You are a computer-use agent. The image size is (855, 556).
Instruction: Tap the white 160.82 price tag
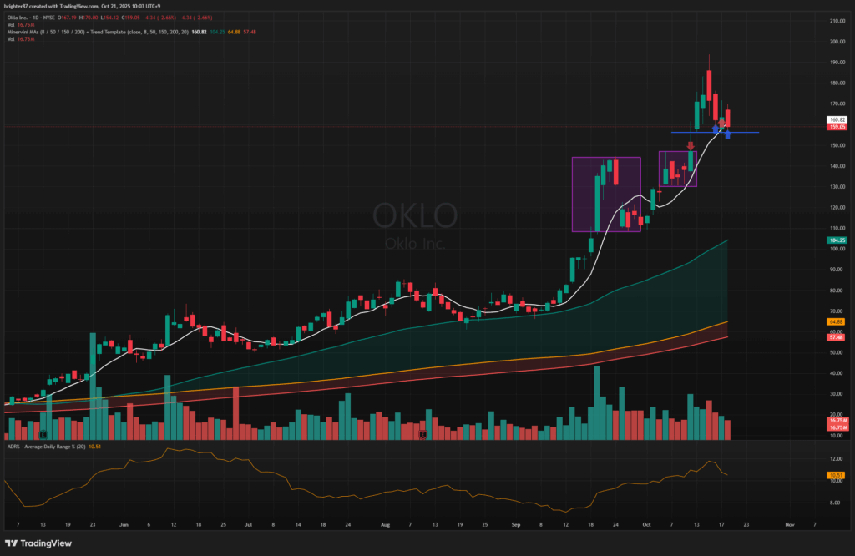pos(837,120)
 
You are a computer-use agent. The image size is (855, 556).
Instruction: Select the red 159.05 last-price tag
pos(837,127)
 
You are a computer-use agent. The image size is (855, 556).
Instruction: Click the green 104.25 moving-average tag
pos(837,240)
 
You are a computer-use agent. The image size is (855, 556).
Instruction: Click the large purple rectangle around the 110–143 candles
pos(606,194)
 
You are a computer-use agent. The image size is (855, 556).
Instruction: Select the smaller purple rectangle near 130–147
pos(677,169)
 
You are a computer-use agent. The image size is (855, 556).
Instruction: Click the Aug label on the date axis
pos(385,525)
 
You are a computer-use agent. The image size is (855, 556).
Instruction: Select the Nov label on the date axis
pos(789,525)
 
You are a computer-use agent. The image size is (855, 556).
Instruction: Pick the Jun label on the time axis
pos(123,525)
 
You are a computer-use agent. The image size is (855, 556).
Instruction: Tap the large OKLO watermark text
pos(415,215)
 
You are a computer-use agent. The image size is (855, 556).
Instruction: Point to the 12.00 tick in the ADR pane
pos(836,460)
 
